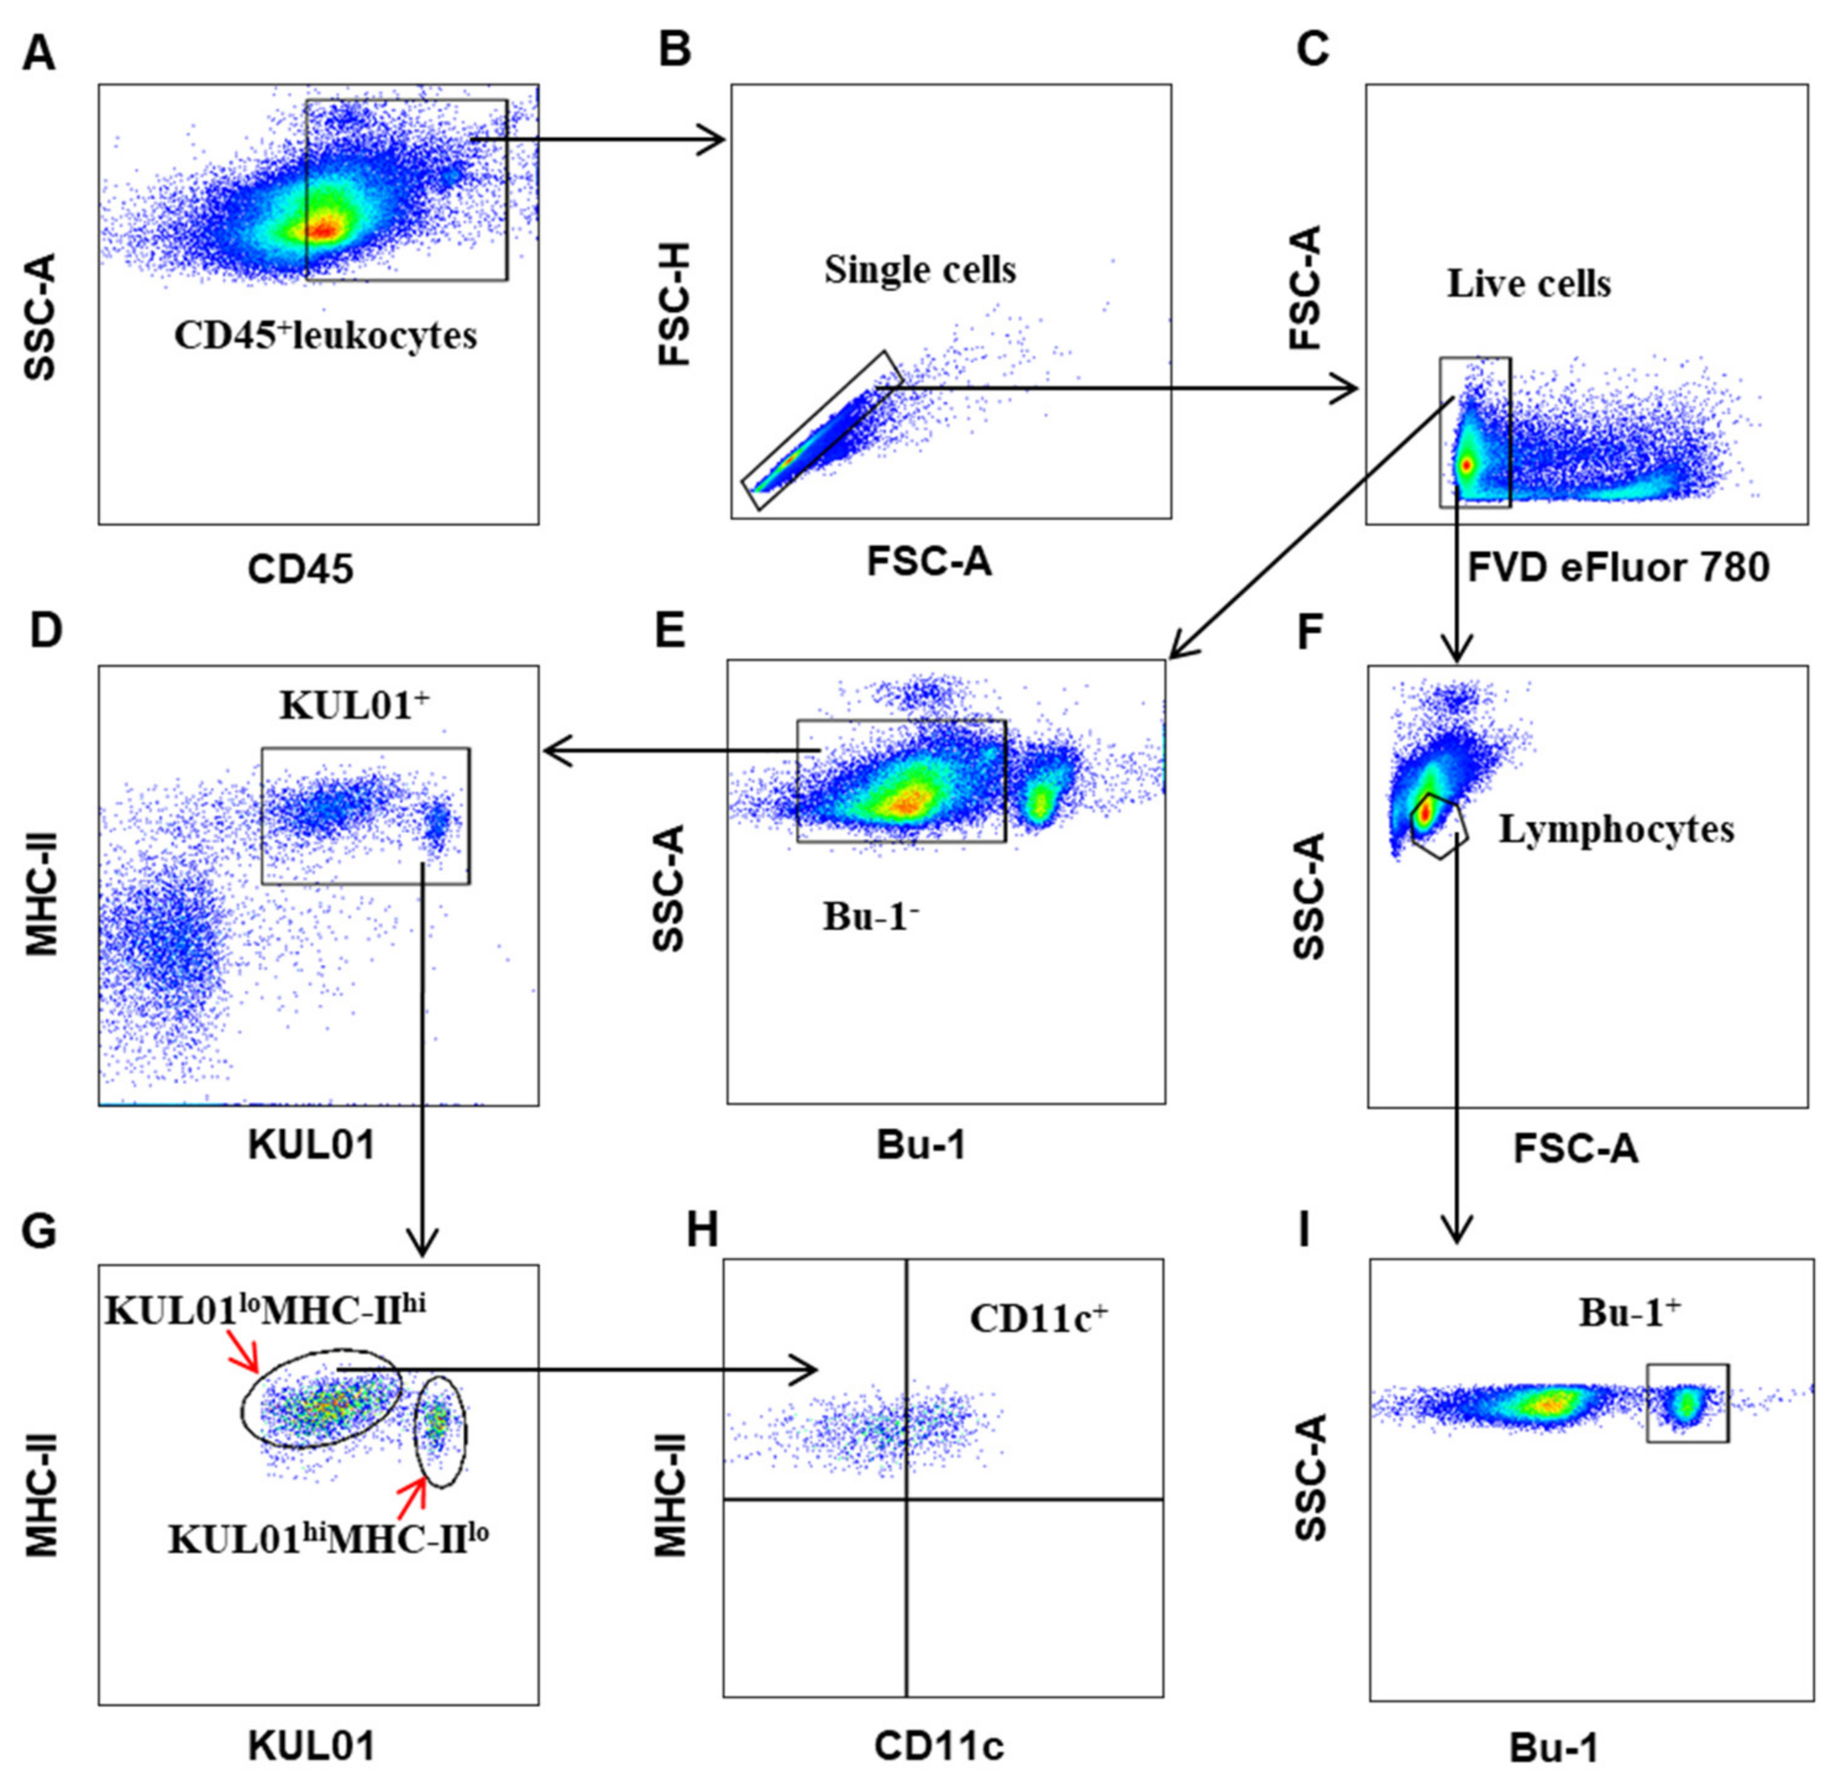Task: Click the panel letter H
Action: coord(702,1230)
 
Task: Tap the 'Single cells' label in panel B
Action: coord(920,270)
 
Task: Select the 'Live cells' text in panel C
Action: coord(1528,283)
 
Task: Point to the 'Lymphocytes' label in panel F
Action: coord(1616,829)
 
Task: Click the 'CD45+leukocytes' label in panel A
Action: coord(326,335)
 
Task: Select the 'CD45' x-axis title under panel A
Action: coord(300,569)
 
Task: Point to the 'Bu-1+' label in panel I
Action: coord(1630,1313)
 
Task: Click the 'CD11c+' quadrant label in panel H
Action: coord(1038,1318)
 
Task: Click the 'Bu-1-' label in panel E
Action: coord(870,916)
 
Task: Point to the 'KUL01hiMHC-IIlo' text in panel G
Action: coord(328,1538)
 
